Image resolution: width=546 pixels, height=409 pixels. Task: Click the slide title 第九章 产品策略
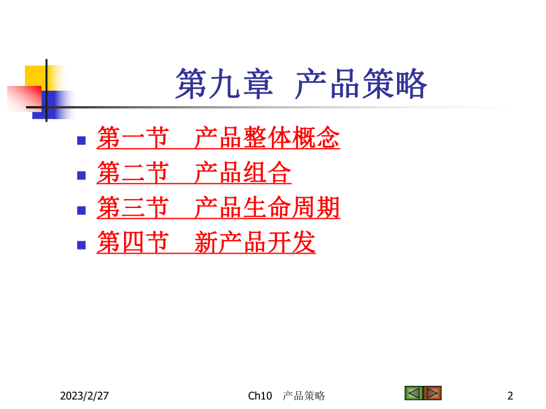coord(301,84)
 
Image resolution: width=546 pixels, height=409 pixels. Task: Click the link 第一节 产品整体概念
coord(218,139)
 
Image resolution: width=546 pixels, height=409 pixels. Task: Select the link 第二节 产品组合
coord(194,174)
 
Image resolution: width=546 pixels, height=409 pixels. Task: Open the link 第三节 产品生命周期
coord(218,208)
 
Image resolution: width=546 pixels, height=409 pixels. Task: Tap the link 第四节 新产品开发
coord(206,242)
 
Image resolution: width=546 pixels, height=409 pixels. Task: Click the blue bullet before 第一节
coord(82,140)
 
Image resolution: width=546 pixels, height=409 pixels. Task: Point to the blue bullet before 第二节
coord(82,175)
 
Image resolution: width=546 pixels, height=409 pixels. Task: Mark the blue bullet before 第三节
coord(82,210)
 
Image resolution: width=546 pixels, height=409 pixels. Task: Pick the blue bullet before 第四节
coord(82,244)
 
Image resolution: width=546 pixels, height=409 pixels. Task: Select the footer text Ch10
coord(260,395)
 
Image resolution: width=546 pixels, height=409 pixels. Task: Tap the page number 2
coord(510,395)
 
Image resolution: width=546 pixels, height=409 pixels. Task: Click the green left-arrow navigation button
coord(413,392)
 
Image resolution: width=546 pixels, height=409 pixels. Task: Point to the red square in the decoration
coord(24,97)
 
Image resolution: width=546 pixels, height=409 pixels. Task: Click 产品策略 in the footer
coord(304,395)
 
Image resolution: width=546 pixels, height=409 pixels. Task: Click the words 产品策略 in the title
coord(361,84)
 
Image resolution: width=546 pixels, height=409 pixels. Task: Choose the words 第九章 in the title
coord(224,84)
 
